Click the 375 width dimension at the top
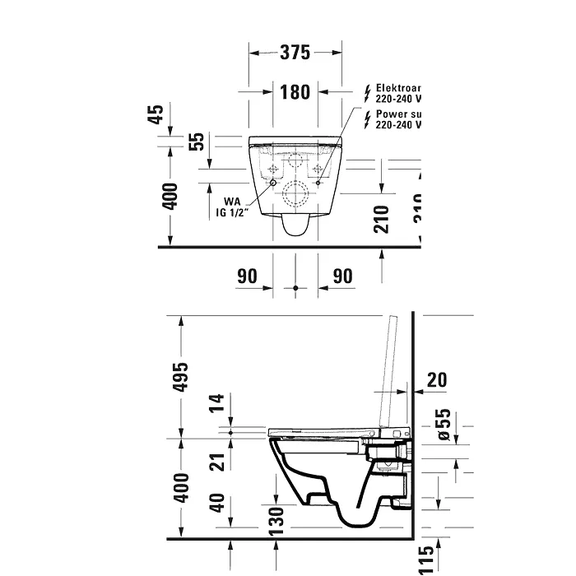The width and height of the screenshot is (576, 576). [x=295, y=53]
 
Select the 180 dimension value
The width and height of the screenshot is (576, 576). [x=295, y=91]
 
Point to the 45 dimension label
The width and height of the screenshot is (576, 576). [x=155, y=115]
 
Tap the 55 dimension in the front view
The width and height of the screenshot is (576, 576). [x=196, y=141]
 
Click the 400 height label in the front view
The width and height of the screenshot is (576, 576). [x=170, y=197]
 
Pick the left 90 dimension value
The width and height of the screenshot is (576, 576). [x=248, y=276]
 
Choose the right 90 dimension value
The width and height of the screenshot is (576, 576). [x=342, y=276]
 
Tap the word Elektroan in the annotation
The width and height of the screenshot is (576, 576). [x=398, y=87]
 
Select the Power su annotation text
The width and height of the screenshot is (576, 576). [x=398, y=114]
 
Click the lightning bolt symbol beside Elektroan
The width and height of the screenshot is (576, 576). [x=367, y=92]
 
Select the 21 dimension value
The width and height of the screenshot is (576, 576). [x=217, y=462]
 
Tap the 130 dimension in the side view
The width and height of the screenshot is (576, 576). [x=276, y=517]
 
